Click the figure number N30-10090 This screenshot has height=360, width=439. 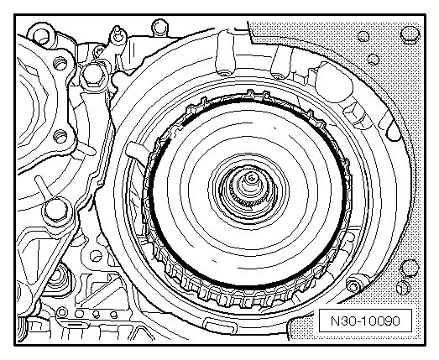(365, 321)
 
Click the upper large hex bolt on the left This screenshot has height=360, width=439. (93, 75)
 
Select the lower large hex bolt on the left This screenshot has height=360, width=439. (55, 210)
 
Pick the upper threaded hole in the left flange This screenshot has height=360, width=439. (60, 63)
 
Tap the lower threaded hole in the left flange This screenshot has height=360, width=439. (60, 136)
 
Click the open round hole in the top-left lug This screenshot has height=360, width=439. (42, 37)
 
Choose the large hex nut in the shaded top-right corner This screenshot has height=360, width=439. (410, 34)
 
